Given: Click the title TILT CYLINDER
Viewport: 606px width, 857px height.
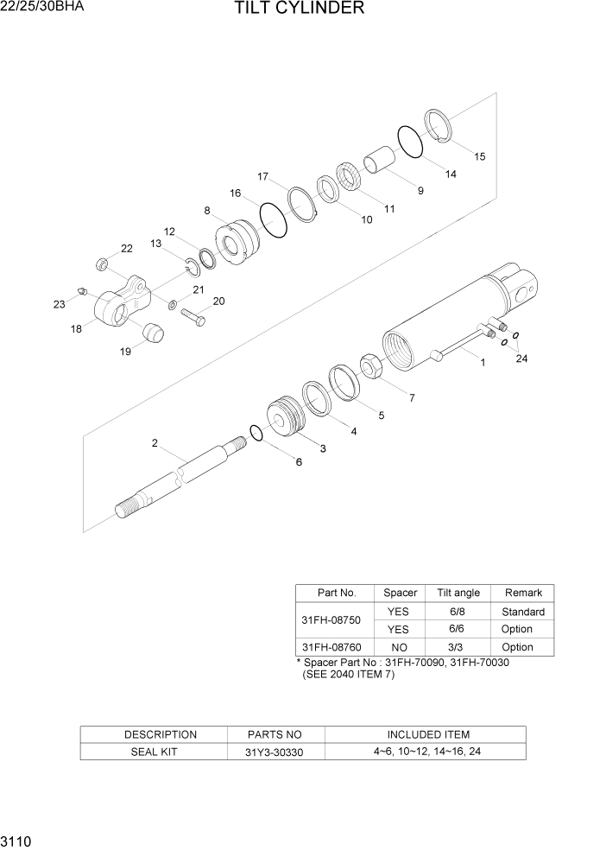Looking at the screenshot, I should pyautogui.click(x=298, y=10).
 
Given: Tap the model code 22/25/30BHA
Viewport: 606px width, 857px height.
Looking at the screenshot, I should pyautogui.click(x=42, y=8).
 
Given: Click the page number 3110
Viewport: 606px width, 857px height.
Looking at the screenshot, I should pyautogui.click(x=17, y=841).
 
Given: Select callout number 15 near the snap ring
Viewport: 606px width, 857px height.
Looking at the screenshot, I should pyautogui.click(x=479, y=156).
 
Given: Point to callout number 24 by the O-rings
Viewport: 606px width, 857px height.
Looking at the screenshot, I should pyautogui.click(x=521, y=359).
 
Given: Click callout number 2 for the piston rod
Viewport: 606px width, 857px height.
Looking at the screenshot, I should pyautogui.click(x=155, y=443).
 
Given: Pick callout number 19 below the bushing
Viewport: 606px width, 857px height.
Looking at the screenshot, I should pyautogui.click(x=126, y=351).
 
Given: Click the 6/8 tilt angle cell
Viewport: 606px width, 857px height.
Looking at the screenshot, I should pyautogui.click(x=458, y=611).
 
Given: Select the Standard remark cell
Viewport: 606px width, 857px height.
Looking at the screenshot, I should pyautogui.click(x=522, y=611).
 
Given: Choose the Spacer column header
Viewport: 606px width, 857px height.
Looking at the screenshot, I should pyautogui.click(x=400, y=593).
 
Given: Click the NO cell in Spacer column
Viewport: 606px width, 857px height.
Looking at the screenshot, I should pyautogui.click(x=400, y=646).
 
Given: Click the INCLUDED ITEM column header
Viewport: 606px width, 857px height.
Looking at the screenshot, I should pyautogui.click(x=427, y=734).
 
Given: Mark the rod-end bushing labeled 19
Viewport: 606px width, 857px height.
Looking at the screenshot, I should pyautogui.click(x=151, y=332).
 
